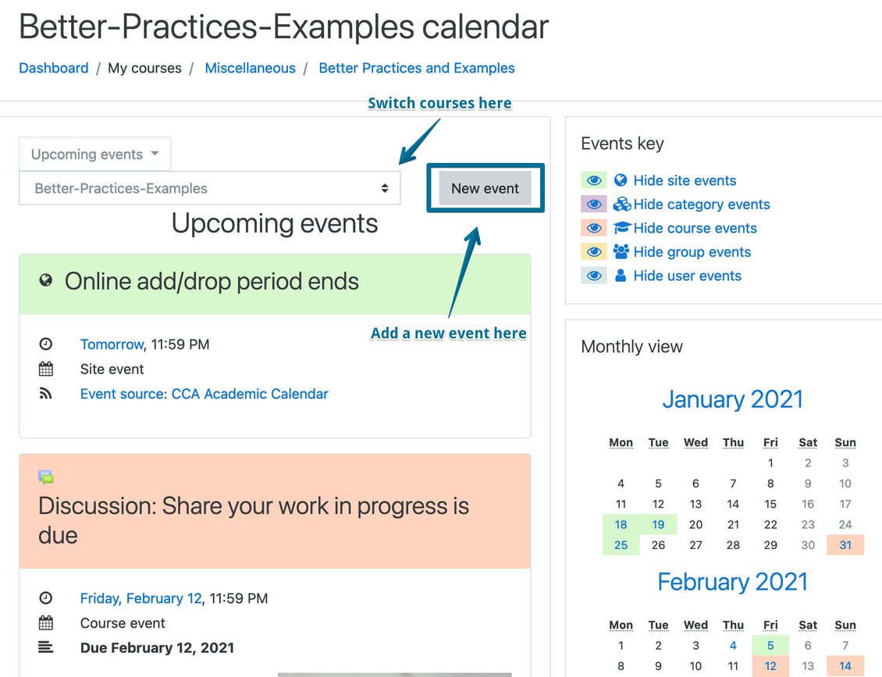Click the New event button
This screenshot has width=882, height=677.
485,189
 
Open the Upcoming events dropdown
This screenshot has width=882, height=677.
94,154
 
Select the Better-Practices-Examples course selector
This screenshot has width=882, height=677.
209,189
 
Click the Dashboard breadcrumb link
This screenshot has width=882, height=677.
53,68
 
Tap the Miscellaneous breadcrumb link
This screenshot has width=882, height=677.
250,68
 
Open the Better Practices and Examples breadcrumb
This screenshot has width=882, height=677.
417,68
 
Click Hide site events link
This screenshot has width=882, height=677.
685,180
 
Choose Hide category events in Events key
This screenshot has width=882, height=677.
702,204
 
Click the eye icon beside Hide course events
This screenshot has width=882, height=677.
594,229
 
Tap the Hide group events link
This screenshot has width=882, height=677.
692,252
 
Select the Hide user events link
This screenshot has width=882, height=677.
688,275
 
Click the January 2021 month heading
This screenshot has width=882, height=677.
732,399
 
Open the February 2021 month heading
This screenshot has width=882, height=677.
732,581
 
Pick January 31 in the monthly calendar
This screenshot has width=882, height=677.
845,545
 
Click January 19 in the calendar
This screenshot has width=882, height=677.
658,525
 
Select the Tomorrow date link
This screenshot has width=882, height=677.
112,344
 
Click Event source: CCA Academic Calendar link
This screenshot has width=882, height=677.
204,394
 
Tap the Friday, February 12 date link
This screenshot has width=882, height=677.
140,598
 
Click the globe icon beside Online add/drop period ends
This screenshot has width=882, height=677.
46,280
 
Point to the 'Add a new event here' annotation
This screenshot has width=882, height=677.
448,333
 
